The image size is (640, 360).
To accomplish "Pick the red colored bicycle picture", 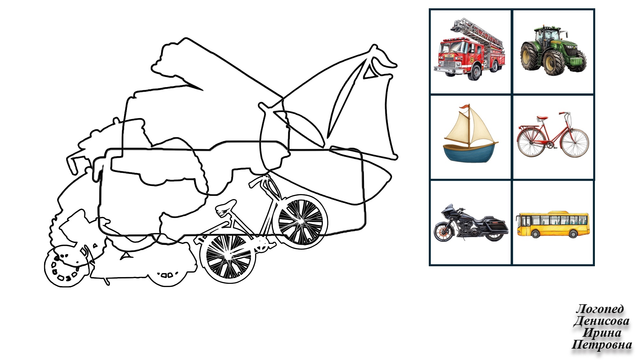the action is [x=553, y=135].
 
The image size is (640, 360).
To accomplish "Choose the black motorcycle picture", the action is [x=471, y=223].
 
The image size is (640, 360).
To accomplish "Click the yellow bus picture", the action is [x=553, y=224].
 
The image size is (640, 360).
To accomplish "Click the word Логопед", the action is [x=600, y=309].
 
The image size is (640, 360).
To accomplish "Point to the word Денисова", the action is [x=601, y=321].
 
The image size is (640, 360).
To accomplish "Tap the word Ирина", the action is [x=602, y=333].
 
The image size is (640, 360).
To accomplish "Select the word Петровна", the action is [x=602, y=345].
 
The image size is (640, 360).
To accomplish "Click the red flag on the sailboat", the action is [x=464, y=107].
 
